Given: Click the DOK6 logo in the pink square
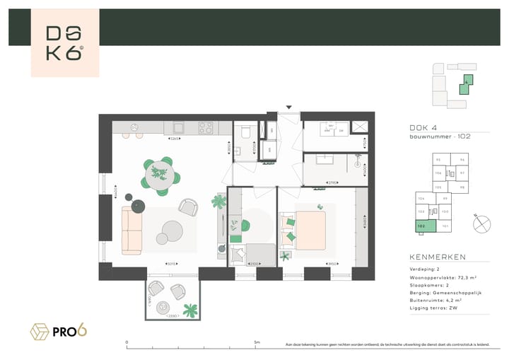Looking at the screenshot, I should (64, 43).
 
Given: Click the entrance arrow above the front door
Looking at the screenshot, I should (288, 108).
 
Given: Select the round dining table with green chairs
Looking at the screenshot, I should (159, 174).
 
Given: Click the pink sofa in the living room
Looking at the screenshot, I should (132, 231).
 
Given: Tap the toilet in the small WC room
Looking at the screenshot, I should (244, 132).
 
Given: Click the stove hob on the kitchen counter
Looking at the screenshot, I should (206, 128).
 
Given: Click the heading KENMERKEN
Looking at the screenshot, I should (438, 257).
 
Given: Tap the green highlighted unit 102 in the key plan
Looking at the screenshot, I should (422, 226).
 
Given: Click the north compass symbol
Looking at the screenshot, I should (482, 223).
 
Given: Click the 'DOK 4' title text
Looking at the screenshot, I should (423, 128).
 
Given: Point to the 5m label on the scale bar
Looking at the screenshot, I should (256, 342).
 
